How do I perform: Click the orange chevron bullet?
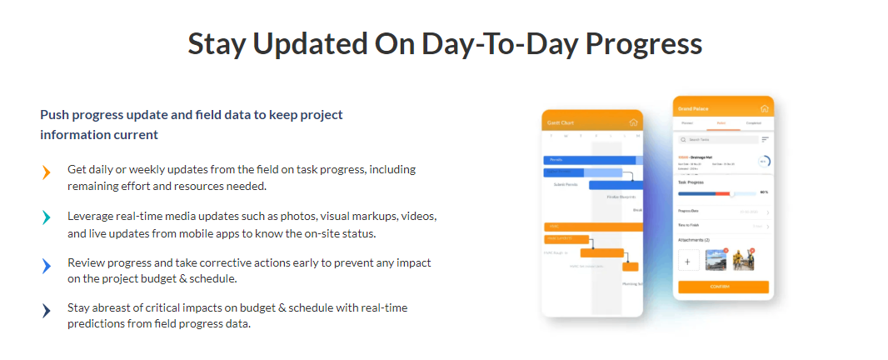tap(47, 172)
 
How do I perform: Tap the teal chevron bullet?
tap(47, 218)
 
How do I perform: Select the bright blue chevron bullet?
tap(47, 266)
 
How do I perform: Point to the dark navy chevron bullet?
tap(47, 311)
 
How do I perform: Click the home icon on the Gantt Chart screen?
tap(633, 122)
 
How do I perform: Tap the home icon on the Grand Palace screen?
tap(765, 108)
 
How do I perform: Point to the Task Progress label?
tap(691, 181)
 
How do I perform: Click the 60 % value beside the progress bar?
tap(763, 192)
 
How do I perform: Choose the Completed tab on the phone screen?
tap(753, 123)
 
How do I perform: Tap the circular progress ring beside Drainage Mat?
tap(762, 162)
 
